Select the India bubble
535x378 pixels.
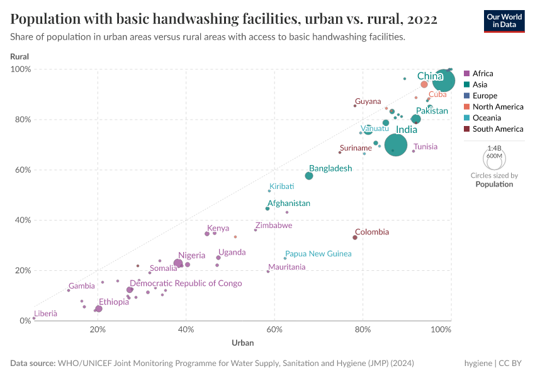(395, 145)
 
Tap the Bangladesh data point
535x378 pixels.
(309, 176)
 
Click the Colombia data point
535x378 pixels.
(355, 238)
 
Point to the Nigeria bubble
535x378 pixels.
(178, 263)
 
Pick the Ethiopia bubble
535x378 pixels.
(99, 309)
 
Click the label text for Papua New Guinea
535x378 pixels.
(318, 254)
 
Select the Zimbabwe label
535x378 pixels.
(273, 226)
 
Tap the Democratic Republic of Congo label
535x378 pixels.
(186, 283)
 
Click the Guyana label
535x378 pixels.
(368, 101)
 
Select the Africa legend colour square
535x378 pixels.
(466, 74)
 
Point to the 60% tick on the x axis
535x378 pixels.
(274, 329)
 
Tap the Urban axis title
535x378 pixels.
(242, 343)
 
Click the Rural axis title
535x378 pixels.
(20, 57)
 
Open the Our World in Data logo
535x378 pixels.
(505, 20)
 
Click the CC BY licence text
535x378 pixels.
(511, 364)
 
